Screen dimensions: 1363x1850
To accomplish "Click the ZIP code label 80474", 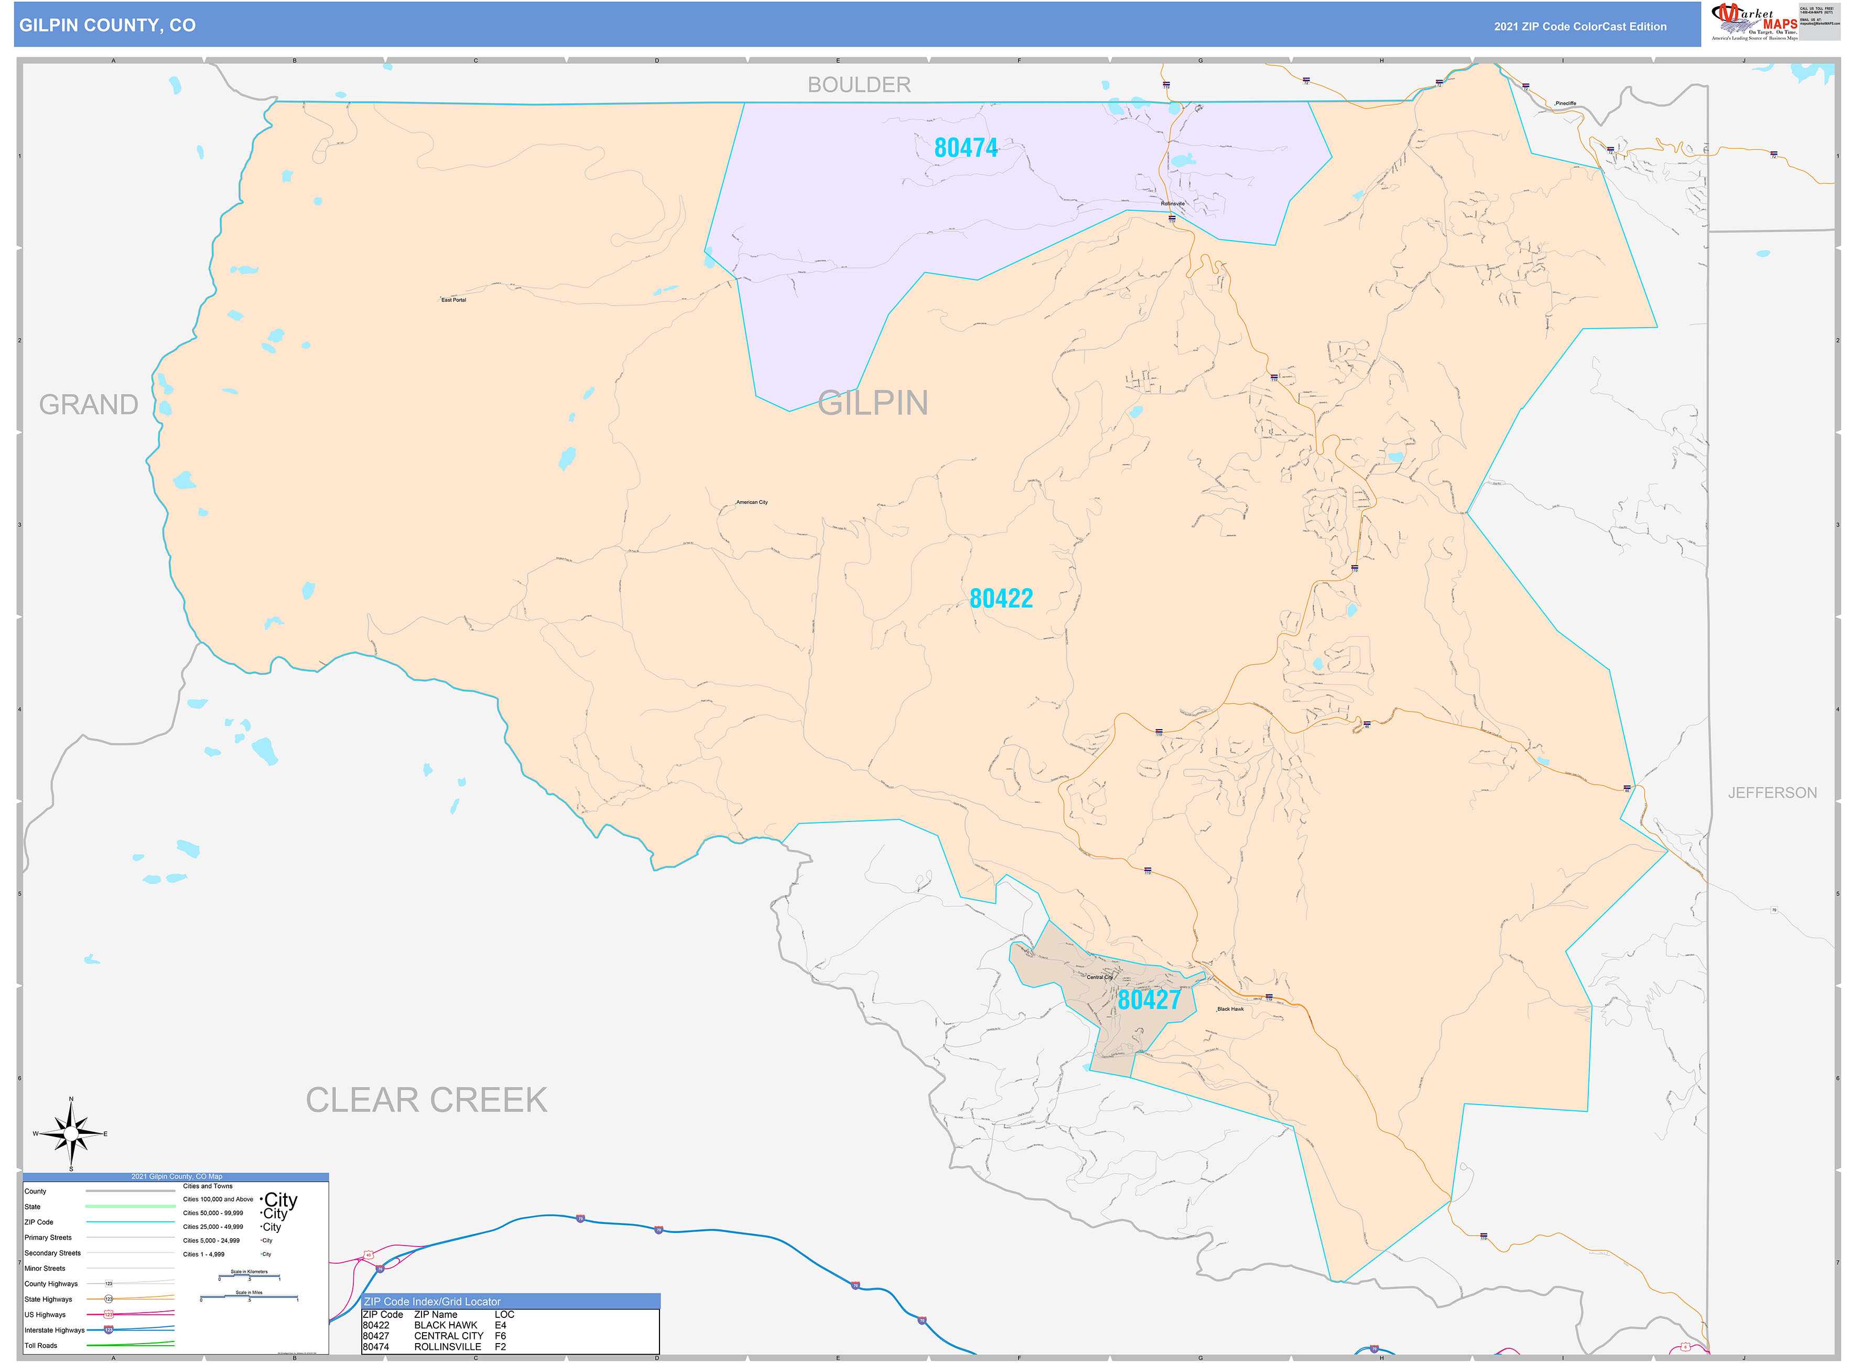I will pyautogui.click(x=966, y=148).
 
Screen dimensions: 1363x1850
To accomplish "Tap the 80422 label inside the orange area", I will pyautogui.click(x=1001, y=599).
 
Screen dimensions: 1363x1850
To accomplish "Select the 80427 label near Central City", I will pyautogui.click(x=1149, y=1000).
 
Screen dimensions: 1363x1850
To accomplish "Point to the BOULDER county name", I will pyautogui.click(x=859, y=85).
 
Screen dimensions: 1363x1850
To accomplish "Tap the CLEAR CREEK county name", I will pyautogui.click(x=427, y=1100).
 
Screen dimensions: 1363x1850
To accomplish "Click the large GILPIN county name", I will pyautogui.click(x=873, y=404).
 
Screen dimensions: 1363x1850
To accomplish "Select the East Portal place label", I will pyautogui.click(x=454, y=300).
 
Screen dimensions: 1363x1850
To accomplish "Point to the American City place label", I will pyautogui.click(x=752, y=502).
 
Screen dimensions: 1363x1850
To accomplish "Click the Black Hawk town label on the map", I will pyautogui.click(x=1230, y=1009).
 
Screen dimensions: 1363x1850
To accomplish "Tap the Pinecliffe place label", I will pyautogui.click(x=1565, y=104).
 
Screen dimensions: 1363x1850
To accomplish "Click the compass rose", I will pyautogui.click(x=71, y=1134).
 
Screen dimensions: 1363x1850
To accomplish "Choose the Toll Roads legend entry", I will pyautogui.click(x=41, y=1346).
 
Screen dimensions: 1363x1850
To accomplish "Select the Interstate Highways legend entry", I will pyautogui.click(x=55, y=1330).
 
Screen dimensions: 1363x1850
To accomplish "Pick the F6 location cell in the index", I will pyautogui.click(x=500, y=1336).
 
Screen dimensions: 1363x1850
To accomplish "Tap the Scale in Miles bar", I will pyautogui.click(x=249, y=1298).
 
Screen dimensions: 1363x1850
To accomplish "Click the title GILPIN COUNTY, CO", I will pyautogui.click(x=107, y=26).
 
